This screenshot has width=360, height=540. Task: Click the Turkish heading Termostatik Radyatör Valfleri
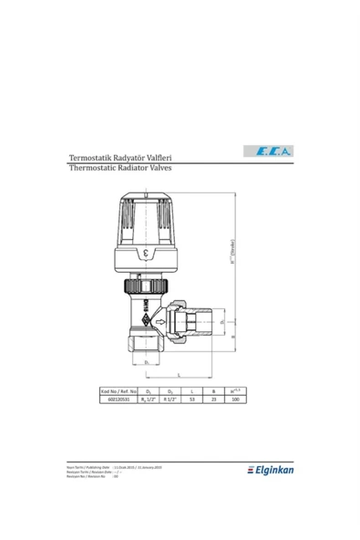(122, 158)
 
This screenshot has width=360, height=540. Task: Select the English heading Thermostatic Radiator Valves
(120, 169)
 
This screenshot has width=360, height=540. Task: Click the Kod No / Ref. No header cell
(118, 391)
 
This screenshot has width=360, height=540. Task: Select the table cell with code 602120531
(118, 400)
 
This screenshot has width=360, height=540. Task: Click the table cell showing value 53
(192, 400)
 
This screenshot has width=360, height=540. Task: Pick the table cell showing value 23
(214, 400)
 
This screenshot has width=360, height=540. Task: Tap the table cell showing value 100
(235, 400)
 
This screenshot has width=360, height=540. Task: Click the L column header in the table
(192, 391)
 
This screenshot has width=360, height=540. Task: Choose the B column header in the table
(214, 391)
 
